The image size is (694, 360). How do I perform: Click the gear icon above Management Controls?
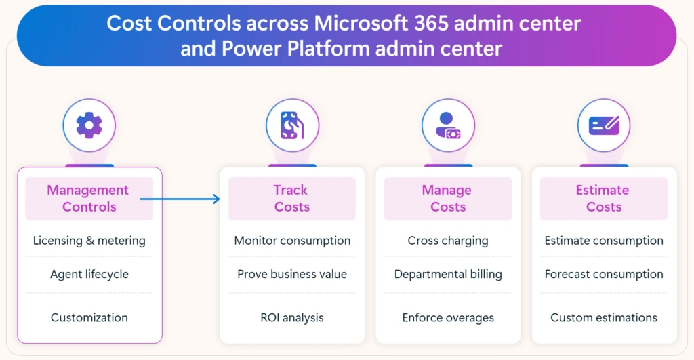(x=89, y=125)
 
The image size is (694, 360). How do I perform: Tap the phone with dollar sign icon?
(x=292, y=125)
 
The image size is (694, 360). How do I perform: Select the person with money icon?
(x=448, y=125)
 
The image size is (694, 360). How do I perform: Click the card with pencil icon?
(x=604, y=125)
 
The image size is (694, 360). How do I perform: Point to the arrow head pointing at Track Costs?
(x=216, y=199)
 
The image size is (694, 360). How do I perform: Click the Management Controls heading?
(x=88, y=199)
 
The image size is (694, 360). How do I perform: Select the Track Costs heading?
(x=291, y=199)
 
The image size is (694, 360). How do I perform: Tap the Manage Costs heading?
(x=447, y=199)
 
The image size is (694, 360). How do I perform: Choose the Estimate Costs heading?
(x=603, y=199)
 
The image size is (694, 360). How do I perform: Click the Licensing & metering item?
(x=89, y=241)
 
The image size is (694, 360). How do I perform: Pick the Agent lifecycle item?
(x=89, y=275)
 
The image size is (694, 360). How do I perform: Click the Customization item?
(x=89, y=317)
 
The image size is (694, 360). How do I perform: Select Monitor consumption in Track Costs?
(x=292, y=241)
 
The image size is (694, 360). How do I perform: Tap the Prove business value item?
(x=292, y=275)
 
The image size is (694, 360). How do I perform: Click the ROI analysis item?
(x=292, y=317)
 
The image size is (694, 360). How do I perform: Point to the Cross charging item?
(x=448, y=241)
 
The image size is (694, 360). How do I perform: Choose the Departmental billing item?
(x=448, y=275)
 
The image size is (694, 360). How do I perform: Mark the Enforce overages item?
(x=448, y=317)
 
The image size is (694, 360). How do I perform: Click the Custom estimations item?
(x=604, y=317)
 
